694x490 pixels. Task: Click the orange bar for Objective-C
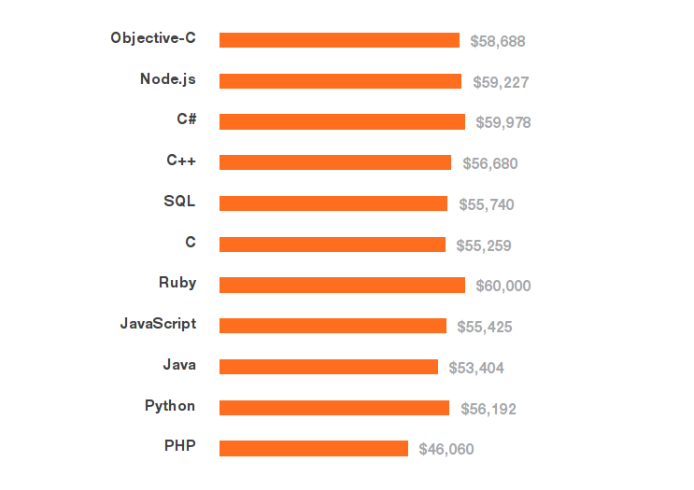(x=339, y=40)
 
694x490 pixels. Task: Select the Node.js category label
(x=168, y=79)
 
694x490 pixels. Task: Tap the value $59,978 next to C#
(x=503, y=122)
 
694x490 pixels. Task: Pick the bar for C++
(x=335, y=162)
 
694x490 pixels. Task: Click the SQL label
(x=179, y=202)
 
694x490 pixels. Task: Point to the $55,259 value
(x=484, y=245)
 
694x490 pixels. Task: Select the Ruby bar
(x=342, y=285)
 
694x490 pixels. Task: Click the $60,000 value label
(x=503, y=286)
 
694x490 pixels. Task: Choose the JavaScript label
(x=158, y=324)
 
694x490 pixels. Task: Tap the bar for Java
(x=329, y=367)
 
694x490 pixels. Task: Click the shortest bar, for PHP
(x=314, y=449)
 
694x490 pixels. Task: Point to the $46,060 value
(x=446, y=450)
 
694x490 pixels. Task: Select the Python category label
(x=170, y=406)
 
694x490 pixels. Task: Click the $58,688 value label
(x=498, y=41)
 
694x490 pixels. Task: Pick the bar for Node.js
(x=340, y=81)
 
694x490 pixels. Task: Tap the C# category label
(x=186, y=119)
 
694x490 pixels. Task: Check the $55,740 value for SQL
(x=486, y=204)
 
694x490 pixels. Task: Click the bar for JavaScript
(x=333, y=326)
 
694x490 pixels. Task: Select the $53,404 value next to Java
(x=476, y=368)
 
